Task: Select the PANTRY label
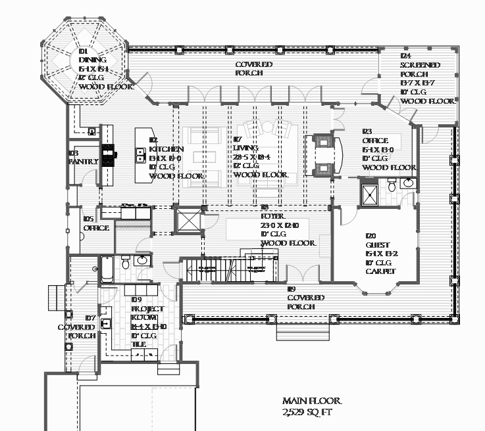(84, 162)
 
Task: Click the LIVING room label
(245, 148)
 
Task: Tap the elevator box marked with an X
(187, 220)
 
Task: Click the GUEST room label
(376, 245)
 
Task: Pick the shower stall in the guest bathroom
(368, 193)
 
